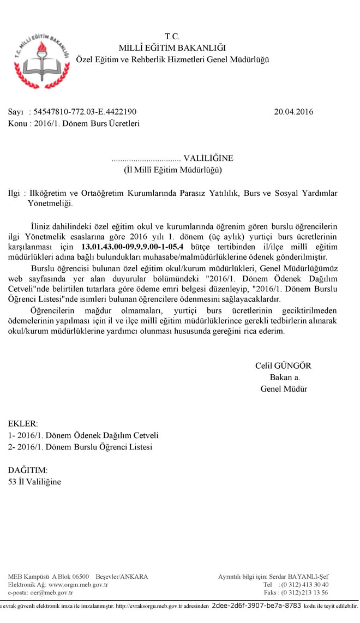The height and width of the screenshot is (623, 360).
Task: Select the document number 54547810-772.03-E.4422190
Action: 85,112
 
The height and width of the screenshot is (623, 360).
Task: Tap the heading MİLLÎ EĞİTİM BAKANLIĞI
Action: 172,48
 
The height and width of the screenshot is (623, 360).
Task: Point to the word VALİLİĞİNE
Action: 208,158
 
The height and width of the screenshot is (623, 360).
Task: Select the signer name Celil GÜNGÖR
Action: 283,366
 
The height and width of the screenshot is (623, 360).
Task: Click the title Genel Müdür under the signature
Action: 284,389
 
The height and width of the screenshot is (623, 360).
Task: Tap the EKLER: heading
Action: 23,423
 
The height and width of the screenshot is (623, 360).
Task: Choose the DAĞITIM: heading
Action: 28,470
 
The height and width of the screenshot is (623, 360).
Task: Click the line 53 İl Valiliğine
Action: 35,482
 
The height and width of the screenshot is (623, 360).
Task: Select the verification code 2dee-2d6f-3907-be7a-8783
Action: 256,606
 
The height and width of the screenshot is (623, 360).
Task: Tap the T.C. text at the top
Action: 172,37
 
